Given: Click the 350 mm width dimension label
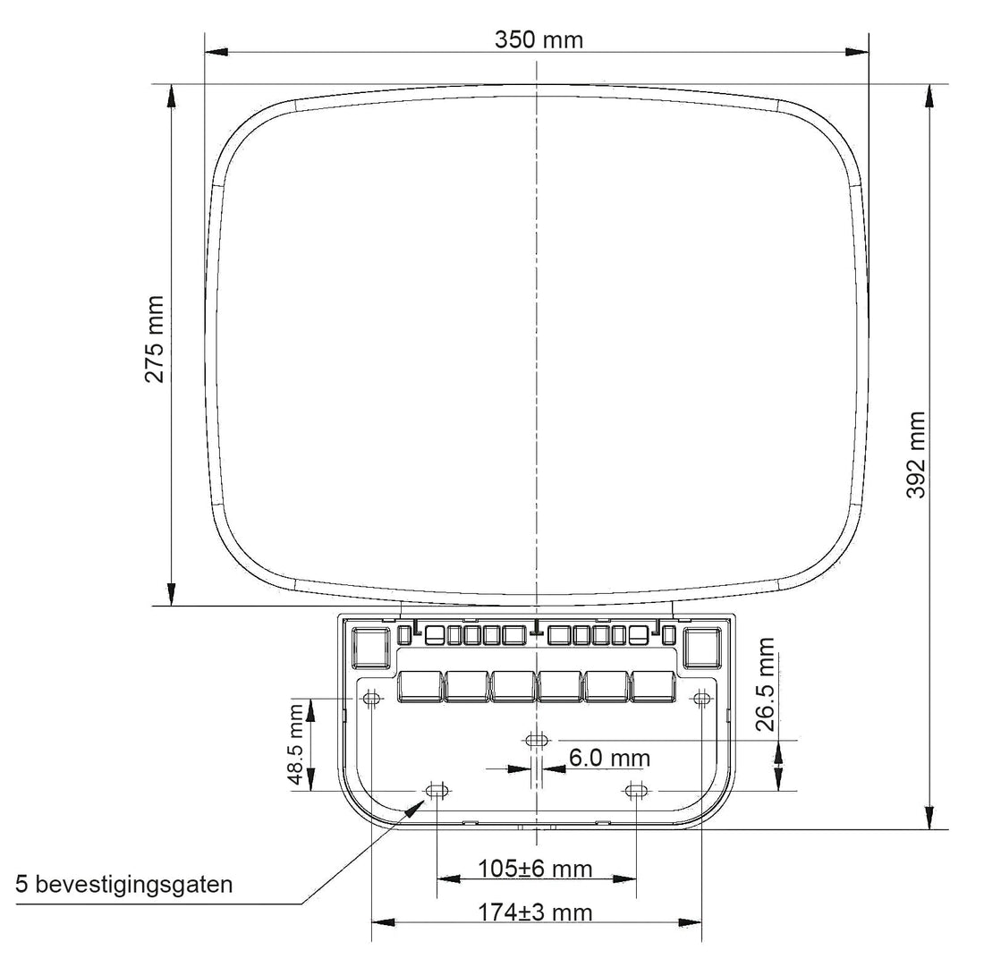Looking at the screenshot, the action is pyautogui.click(x=539, y=39).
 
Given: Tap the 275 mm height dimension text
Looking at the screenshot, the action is pyautogui.click(x=155, y=339).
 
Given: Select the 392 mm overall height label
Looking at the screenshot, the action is pyautogui.click(x=916, y=454).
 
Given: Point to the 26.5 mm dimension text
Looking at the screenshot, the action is pyautogui.click(x=766, y=684).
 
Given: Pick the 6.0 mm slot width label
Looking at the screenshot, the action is pyautogui.click(x=609, y=758).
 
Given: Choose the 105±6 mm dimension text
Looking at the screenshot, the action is pyautogui.click(x=535, y=869).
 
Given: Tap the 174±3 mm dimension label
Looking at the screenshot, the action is pyautogui.click(x=535, y=912).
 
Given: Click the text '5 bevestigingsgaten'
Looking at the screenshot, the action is pyautogui.click(x=124, y=885).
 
